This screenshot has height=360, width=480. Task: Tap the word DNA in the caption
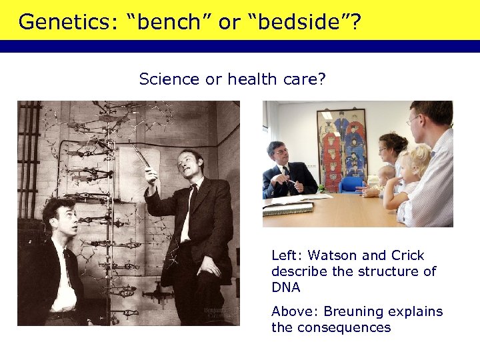tap(286, 288)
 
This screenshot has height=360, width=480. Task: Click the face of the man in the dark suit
tap(279, 156)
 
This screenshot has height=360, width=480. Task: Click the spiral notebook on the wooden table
tap(287, 210)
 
